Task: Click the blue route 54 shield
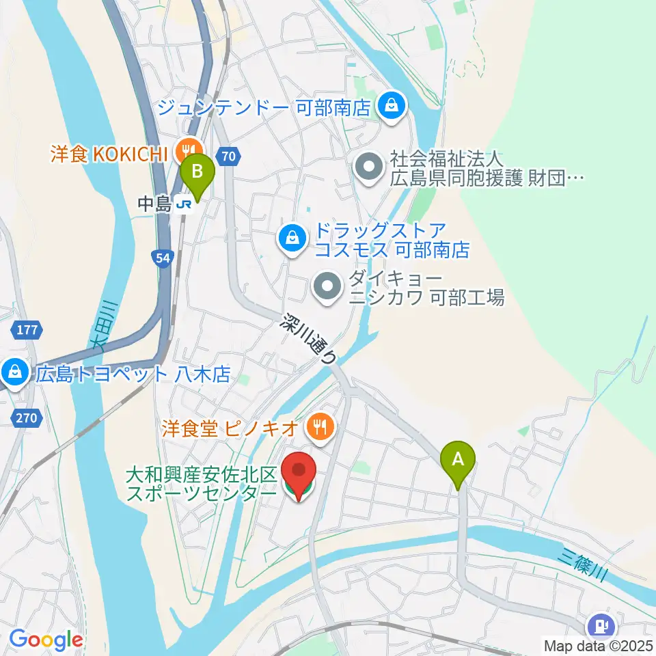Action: point(162,257)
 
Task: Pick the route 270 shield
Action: point(27,416)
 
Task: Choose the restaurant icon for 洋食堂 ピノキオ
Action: point(319,428)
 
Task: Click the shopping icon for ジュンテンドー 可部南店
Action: point(391,106)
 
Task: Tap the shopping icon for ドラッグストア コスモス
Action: point(292,238)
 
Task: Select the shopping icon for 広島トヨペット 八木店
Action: point(13,373)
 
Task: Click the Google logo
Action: point(46,640)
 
